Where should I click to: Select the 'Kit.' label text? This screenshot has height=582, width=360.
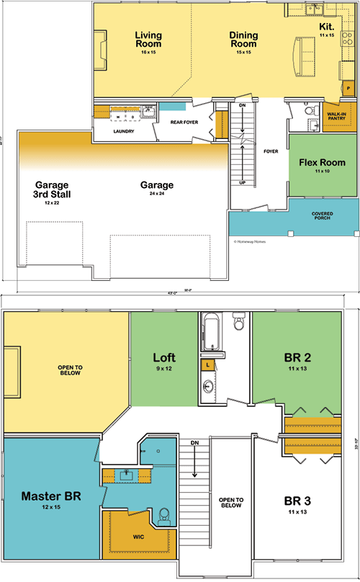click(x=326, y=27)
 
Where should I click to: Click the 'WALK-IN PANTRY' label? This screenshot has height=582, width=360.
click(x=337, y=116)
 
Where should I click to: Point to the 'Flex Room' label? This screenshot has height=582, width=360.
click(x=322, y=163)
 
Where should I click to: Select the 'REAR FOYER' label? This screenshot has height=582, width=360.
click(x=184, y=122)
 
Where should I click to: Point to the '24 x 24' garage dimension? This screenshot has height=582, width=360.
click(x=158, y=195)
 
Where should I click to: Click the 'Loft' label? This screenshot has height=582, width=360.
click(x=165, y=357)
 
